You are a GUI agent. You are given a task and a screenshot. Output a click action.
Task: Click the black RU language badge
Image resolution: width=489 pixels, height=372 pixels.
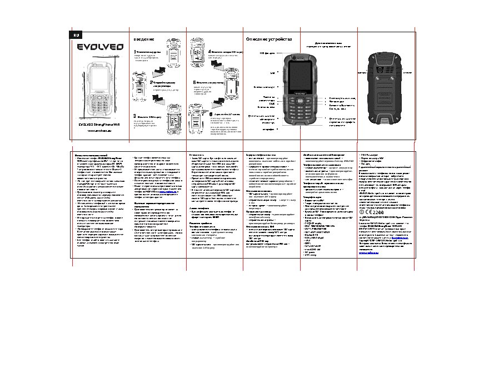[78, 36]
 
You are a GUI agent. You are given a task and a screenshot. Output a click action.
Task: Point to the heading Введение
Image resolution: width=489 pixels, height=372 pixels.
[143, 39]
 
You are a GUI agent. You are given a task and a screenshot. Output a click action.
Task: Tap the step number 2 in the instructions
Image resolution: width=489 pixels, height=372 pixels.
[152, 82]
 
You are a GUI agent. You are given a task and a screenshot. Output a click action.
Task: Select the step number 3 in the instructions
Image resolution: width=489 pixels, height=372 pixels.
[134, 116]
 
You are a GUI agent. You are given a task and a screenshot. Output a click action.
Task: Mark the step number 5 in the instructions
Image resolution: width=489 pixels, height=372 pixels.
[194, 82]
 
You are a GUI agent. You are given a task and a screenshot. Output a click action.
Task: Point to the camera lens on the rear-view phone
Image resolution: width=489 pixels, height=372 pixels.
[381, 72]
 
